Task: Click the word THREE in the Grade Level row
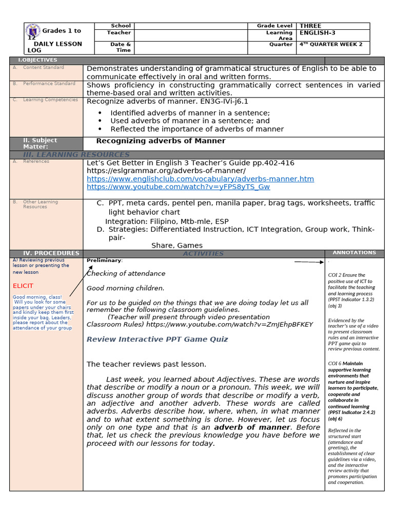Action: click(x=310, y=26)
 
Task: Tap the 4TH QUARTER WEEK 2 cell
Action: click(x=331, y=45)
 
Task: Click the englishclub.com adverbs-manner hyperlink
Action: click(x=200, y=179)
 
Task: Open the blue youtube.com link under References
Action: click(x=178, y=187)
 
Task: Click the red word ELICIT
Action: click(x=23, y=286)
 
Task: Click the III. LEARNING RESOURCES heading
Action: click(x=76, y=155)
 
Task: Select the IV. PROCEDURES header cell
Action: click(x=46, y=253)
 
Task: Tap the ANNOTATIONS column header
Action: click(x=354, y=253)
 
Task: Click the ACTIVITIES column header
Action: click(x=203, y=254)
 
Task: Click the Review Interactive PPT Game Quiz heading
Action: click(x=157, y=339)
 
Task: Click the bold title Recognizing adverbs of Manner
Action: click(x=161, y=141)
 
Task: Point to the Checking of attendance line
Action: click(x=126, y=274)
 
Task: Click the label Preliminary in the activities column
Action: click(x=104, y=260)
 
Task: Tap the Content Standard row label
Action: click(x=43, y=68)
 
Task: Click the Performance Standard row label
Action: click(x=49, y=84)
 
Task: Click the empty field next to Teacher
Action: click(x=190, y=33)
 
